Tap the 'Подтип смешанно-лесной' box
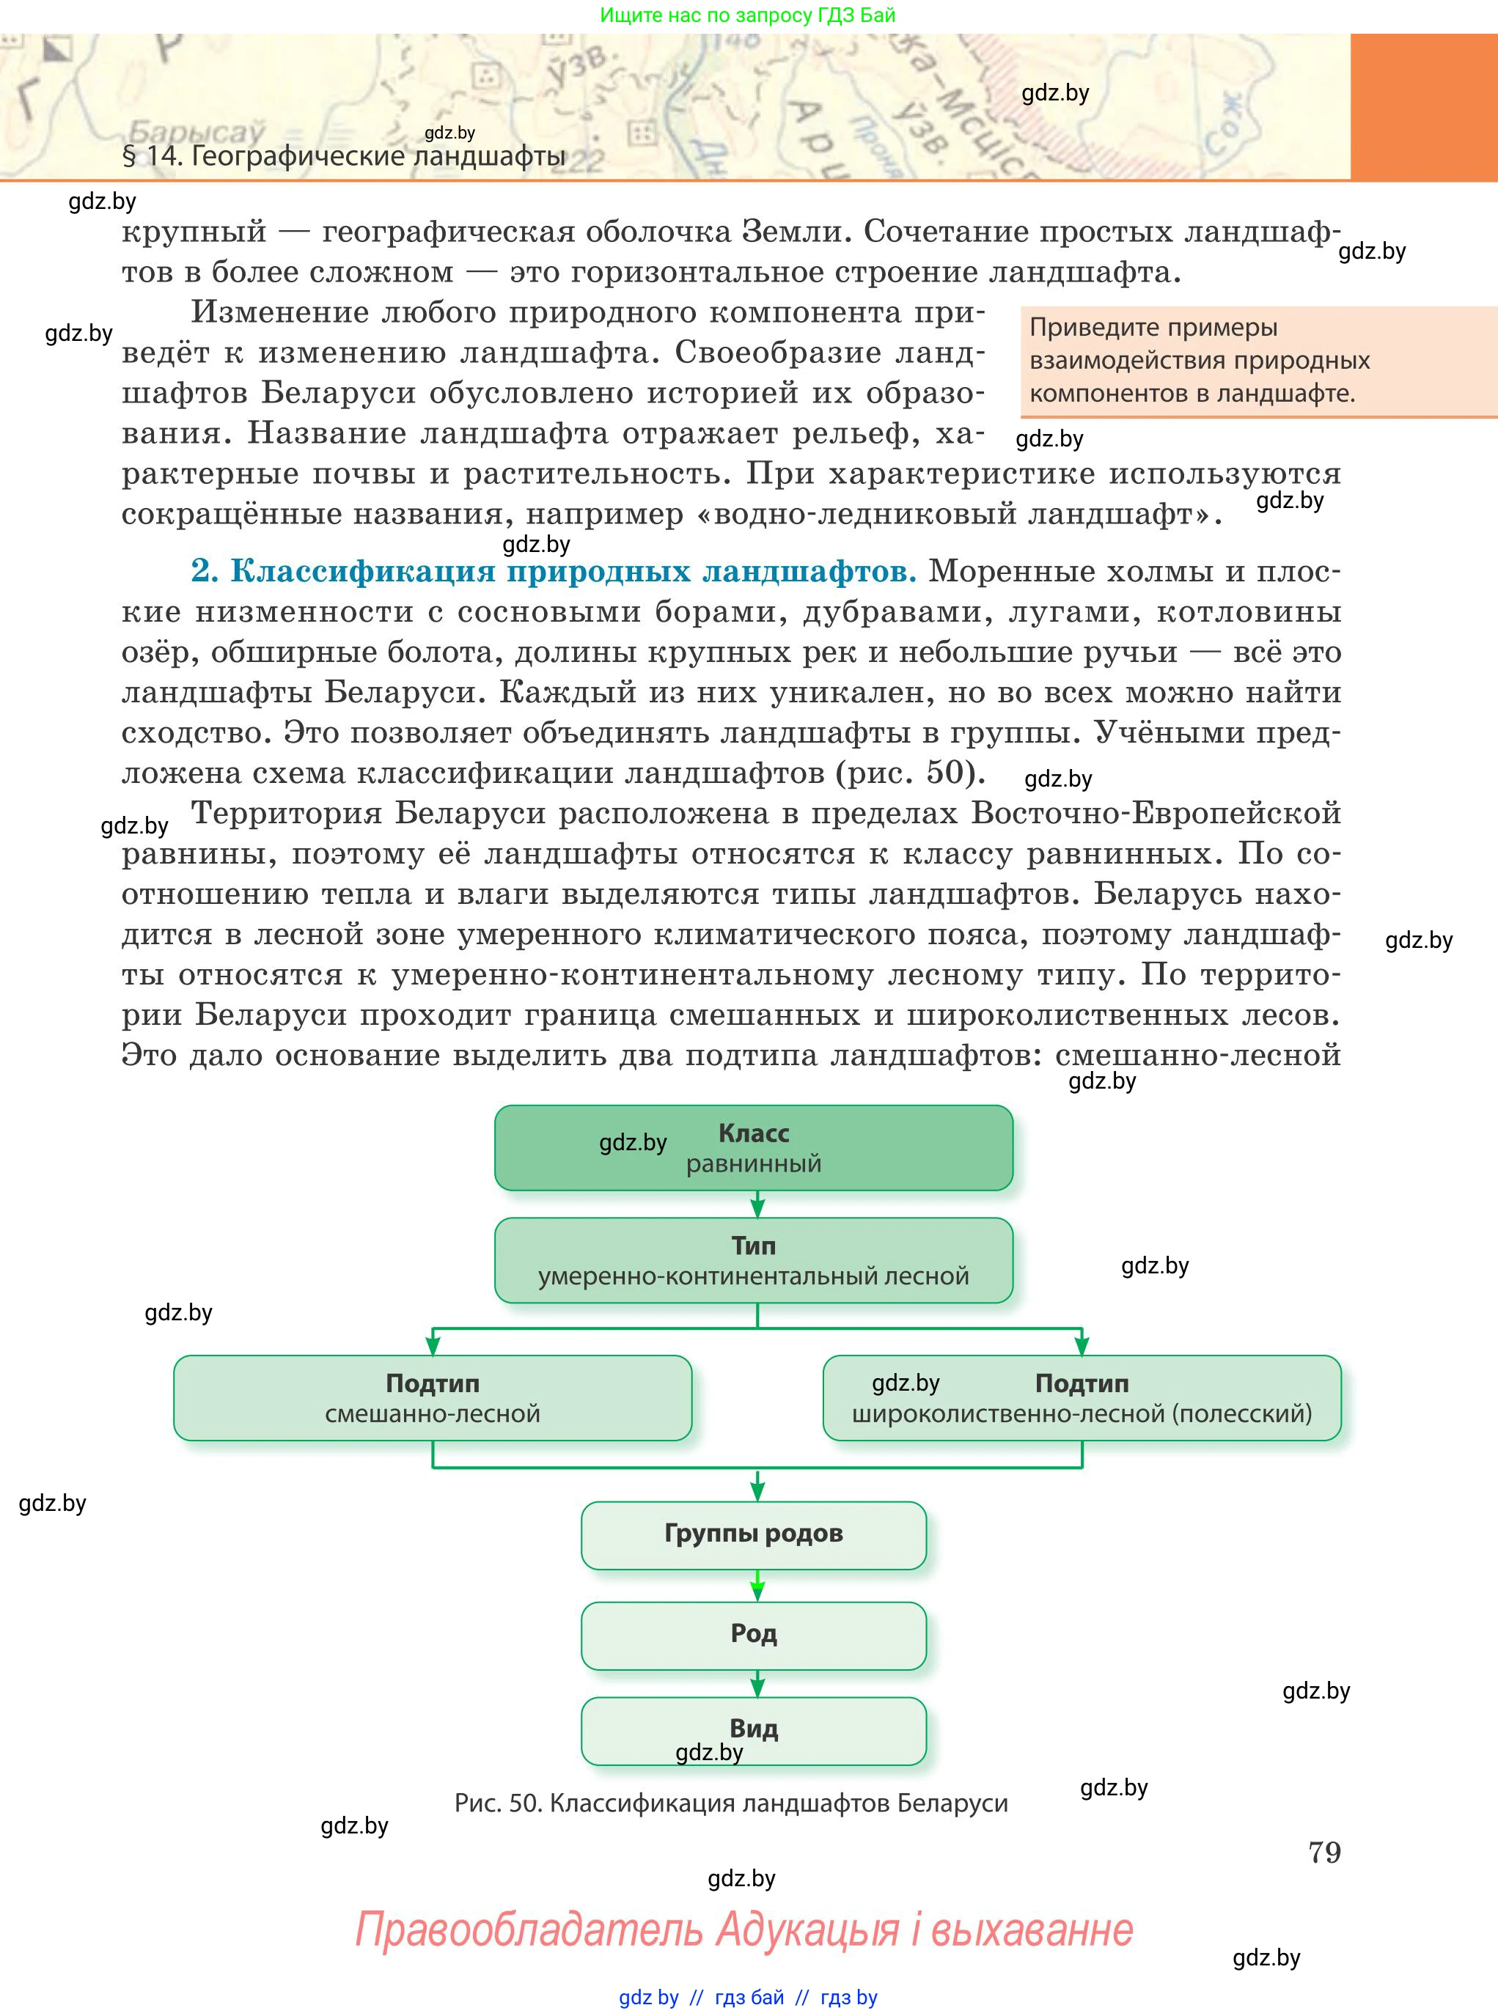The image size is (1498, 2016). (433, 1398)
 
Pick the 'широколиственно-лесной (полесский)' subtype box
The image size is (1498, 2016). (1081, 1398)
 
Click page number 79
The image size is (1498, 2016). (1324, 1852)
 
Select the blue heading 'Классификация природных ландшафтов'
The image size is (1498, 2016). (572, 572)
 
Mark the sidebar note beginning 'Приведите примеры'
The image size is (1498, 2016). (1199, 361)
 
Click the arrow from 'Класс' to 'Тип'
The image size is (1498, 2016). (757, 1204)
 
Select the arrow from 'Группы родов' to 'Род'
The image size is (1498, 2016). (757, 1586)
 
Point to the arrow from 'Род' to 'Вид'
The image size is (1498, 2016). (757, 1683)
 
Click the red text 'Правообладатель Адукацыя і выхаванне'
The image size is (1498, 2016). (744, 1928)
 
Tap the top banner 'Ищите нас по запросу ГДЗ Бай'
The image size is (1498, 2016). (747, 15)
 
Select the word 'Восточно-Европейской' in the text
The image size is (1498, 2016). (1156, 813)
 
